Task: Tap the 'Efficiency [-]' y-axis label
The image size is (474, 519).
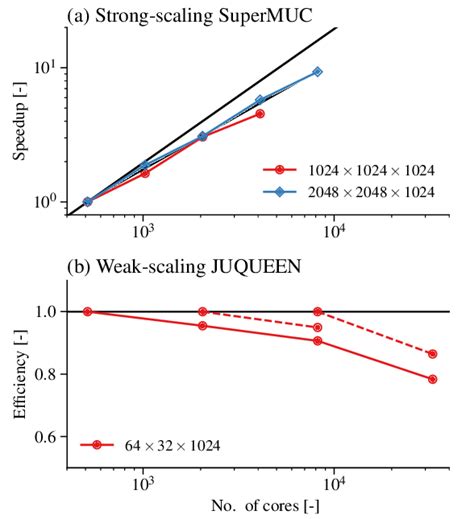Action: pos(17,375)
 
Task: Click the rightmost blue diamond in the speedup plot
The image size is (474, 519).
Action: pos(318,72)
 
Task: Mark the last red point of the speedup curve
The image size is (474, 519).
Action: pos(260,114)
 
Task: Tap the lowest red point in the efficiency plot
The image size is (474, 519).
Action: pos(432,379)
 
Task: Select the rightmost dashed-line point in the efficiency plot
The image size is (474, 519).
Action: pos(432,354)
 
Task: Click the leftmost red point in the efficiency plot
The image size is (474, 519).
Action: pos(88,311)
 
